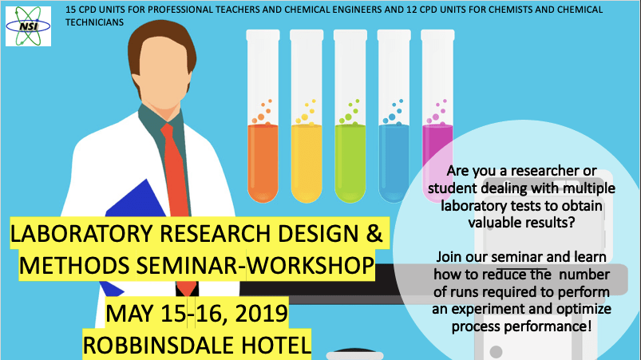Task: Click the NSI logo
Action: point(28,26)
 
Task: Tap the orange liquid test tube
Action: point(263,116)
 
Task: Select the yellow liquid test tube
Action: point(307,116)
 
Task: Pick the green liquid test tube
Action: point(350,116)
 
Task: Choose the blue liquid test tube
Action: point(394,116)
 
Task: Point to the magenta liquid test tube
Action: point(437,116)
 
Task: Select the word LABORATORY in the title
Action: point(82,234)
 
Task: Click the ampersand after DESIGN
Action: point(374,233)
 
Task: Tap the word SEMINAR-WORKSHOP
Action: point(255,266)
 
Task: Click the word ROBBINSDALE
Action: point(159,346)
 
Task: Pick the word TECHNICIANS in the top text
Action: point(94,22)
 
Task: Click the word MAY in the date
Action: point(129,314)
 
